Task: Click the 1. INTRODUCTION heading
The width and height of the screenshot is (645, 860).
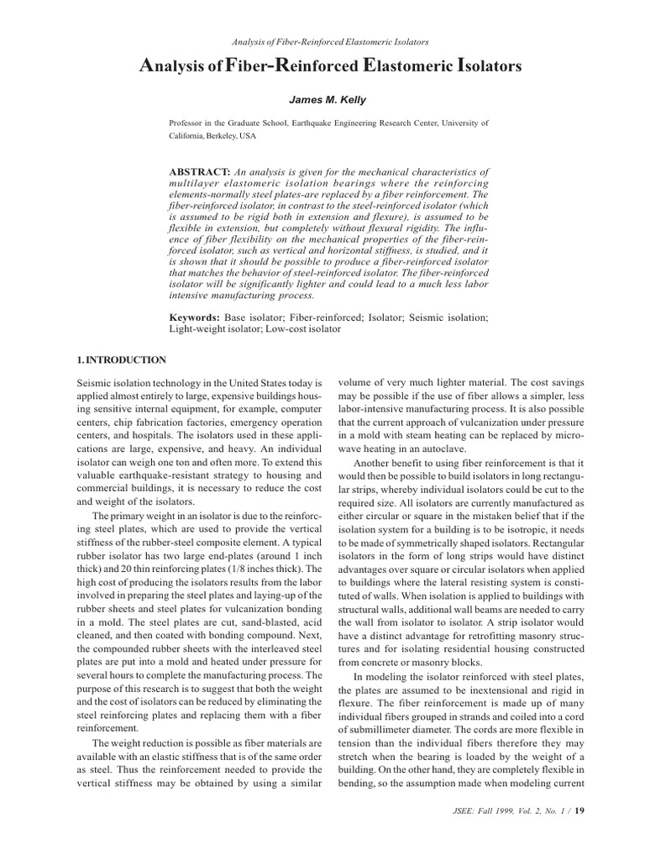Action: point(121,360)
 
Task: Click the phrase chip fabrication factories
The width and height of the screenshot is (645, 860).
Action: point(160,422)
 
